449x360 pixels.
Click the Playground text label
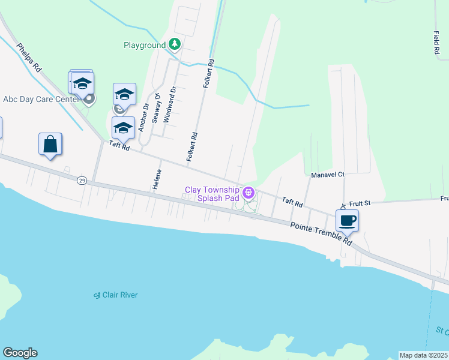144,45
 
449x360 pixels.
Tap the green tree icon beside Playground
175,44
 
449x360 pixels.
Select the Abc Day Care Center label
41,99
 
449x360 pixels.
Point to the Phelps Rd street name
28,58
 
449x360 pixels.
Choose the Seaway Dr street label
157,108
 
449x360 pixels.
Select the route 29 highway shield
81,180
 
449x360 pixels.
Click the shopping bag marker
50,145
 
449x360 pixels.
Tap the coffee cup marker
347,220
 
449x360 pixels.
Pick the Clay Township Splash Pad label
212,193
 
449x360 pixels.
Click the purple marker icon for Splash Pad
249,193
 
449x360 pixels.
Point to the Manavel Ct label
328,175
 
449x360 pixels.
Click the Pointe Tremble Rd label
321,233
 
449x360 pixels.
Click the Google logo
20,353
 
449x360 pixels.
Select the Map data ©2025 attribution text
424,355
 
